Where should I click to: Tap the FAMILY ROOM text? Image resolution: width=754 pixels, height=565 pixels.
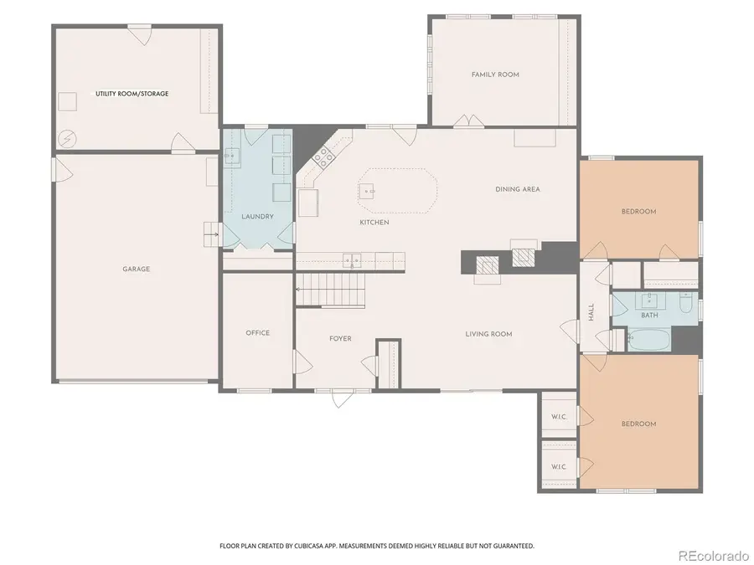pyautogui.click(x=495, y=74)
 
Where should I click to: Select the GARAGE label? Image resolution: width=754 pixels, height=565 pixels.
pyautogui.click(x=136, y=269)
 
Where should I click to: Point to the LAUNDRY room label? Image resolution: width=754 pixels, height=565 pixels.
pyautogui.click(x=257, y=217)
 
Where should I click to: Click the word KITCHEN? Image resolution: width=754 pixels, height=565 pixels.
pyautogui.click(x=374, y=223)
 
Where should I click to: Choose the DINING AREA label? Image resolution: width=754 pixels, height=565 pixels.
pyautogui.click(x=518, y=189)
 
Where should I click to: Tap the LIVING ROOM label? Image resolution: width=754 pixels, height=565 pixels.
pyautogui.click(x=488, y=334)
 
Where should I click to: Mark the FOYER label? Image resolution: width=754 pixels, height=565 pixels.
pyautogui.click(x=340, y=339)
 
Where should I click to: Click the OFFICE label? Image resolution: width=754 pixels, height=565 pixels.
pyautogui.click(x=257, y=333)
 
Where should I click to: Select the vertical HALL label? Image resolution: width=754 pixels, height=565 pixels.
pyautogui.click(x=591, y=311)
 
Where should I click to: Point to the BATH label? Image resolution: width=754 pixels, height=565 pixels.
pyautogui.click(x=649, y=316)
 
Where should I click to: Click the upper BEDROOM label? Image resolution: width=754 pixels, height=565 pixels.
pyautogui.click(x=638, y=212)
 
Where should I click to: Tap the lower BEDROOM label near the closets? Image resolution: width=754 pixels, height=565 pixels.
pyautogui.click(x=638, y=424)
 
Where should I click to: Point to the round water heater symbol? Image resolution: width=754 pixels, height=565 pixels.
pyautogui.click(x=67, y=138)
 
